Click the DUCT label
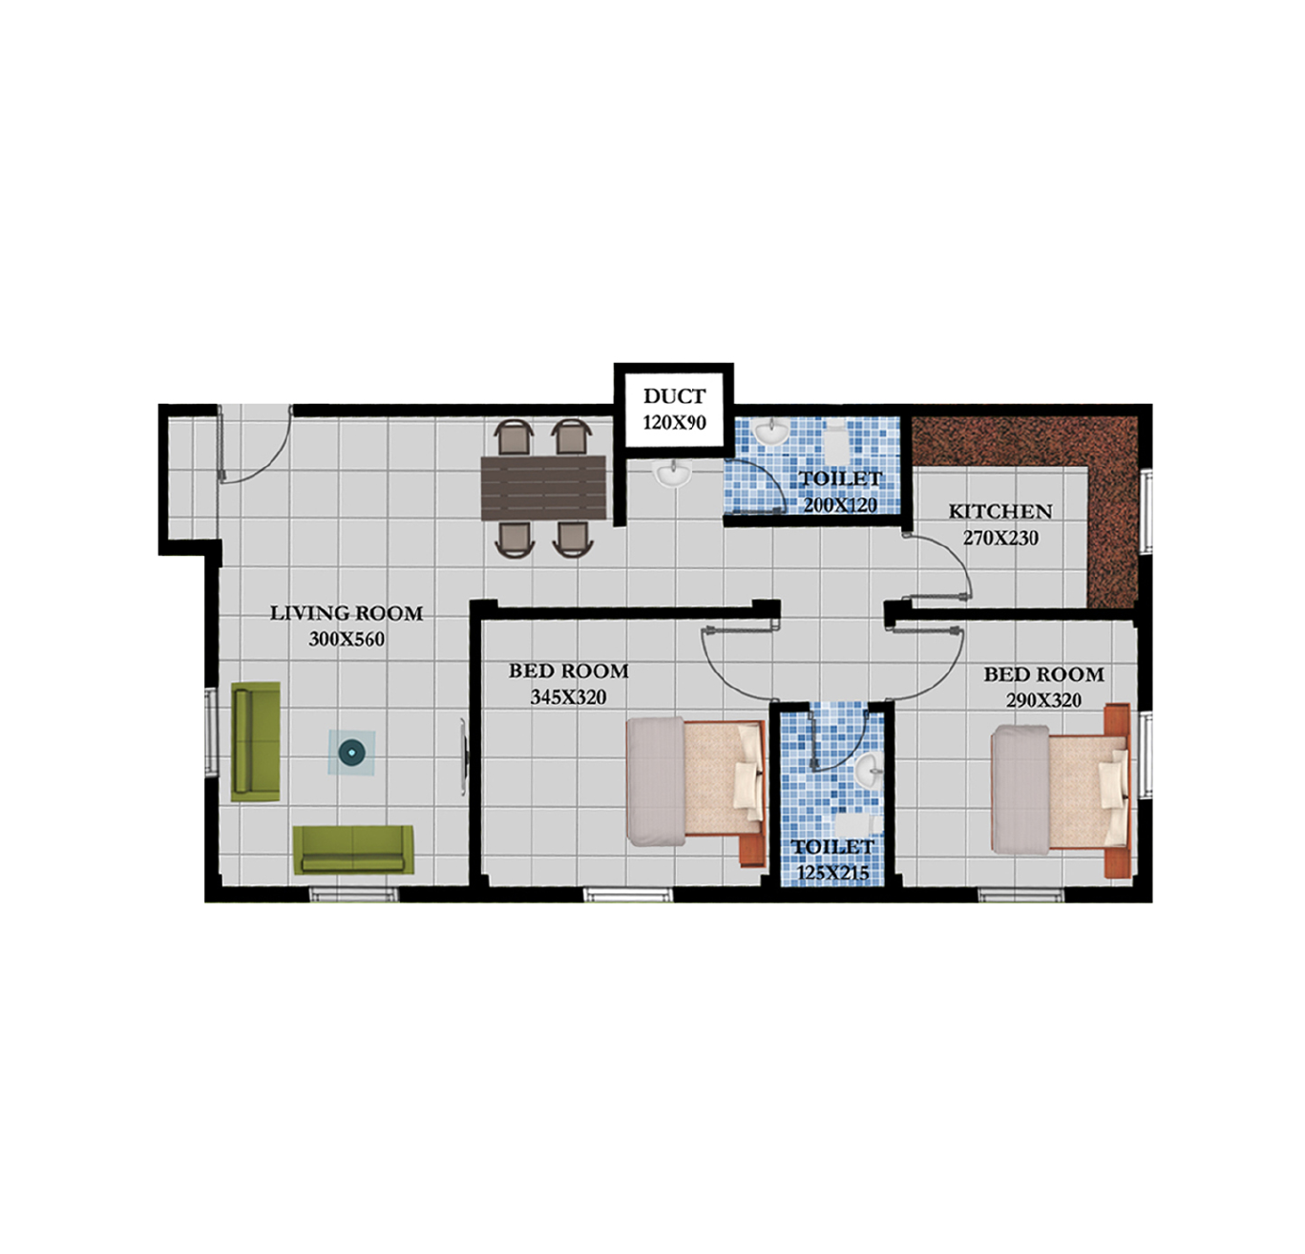click(674, 395)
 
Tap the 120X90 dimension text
click(674, 423)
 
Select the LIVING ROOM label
click(346, 613)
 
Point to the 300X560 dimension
click(347, 639)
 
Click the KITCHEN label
click(1000, 512)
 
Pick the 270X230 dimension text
click(1000, 538)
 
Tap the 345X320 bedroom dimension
click(568, 697)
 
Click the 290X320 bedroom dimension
click(1043, 700)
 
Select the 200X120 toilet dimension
click(839, 505)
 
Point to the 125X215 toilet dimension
click(832, 873)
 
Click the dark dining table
click(543, 488)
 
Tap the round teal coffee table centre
click(351, 753)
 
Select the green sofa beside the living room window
click(256, 741)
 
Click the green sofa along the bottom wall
click(353, 849)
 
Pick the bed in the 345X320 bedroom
click(696, 792)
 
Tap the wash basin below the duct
click(672, 474)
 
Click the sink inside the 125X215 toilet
click(871, 769)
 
